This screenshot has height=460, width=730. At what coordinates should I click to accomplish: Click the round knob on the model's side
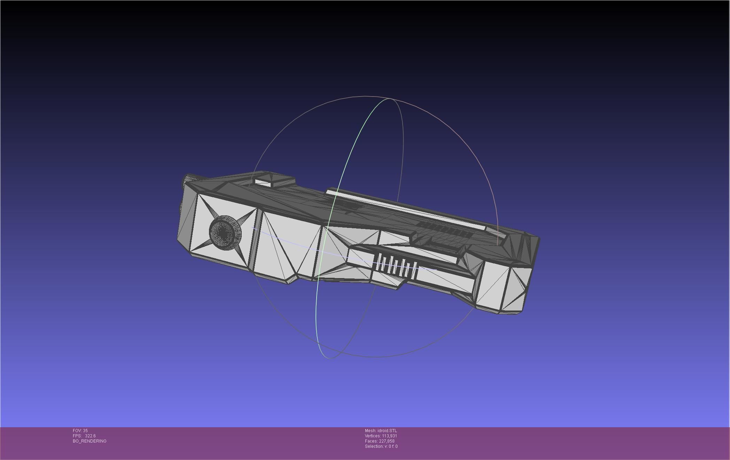[x=225, y=232]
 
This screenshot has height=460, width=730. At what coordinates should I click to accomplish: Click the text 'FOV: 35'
[x=80, y=431]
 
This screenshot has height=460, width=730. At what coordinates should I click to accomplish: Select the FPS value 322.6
[x=90, y=436]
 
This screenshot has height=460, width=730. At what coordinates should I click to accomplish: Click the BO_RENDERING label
[x=90, y=441]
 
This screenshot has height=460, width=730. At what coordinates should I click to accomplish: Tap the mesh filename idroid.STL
[x=387, y=431]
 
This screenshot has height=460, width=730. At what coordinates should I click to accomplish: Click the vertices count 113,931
[x=389, y=436]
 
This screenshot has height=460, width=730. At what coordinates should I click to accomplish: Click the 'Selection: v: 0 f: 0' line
[x=381, y=446]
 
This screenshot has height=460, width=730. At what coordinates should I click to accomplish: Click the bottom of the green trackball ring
[x=329, y=357]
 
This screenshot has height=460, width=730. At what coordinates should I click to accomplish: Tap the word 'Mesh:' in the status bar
[x=370, y=431]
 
